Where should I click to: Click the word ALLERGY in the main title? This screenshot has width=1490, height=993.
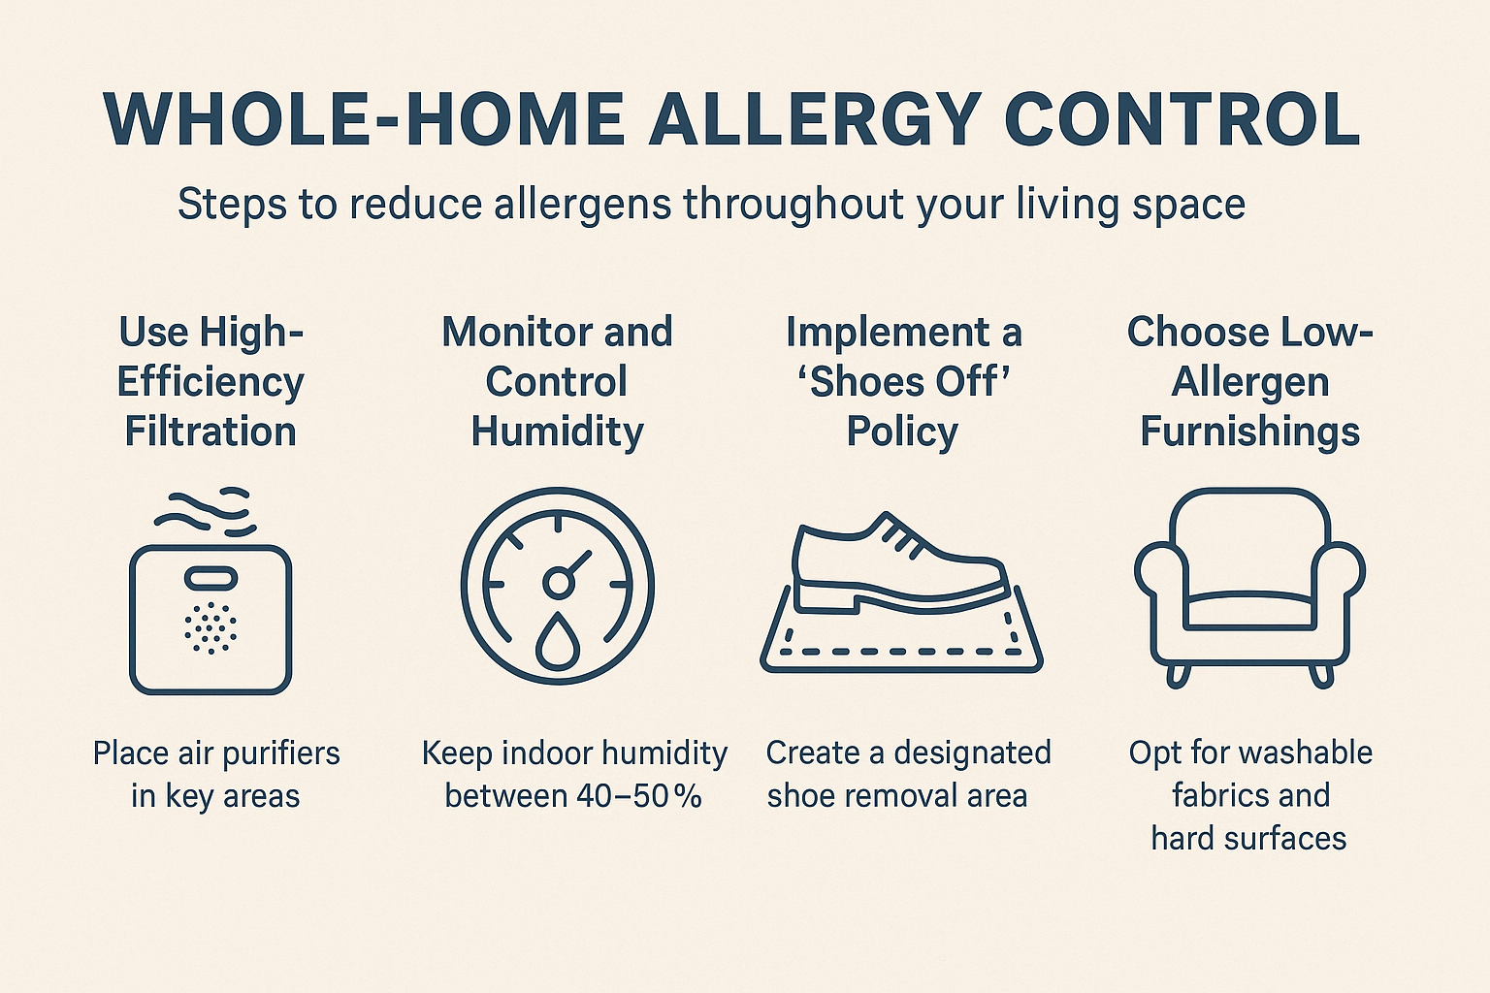point(817,120)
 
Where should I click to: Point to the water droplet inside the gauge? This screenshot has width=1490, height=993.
point(557,641)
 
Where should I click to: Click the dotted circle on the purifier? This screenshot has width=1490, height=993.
point(211,627)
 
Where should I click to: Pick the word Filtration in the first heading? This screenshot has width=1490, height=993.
point(211,432)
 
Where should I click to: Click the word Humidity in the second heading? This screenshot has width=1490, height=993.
point(557,432)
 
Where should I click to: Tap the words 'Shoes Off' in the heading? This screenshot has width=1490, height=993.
point(904,382)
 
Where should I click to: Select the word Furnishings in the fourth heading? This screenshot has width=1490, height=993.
point(1249,432)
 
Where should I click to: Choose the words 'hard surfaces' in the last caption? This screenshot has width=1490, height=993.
point(1248,838)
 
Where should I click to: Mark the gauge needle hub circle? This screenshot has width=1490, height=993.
point(557,582)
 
